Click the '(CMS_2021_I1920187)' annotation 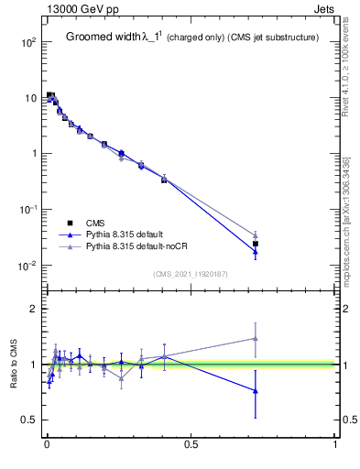(191, 273)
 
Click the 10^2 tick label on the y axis (28, 42)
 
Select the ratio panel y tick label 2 (35, 309)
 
